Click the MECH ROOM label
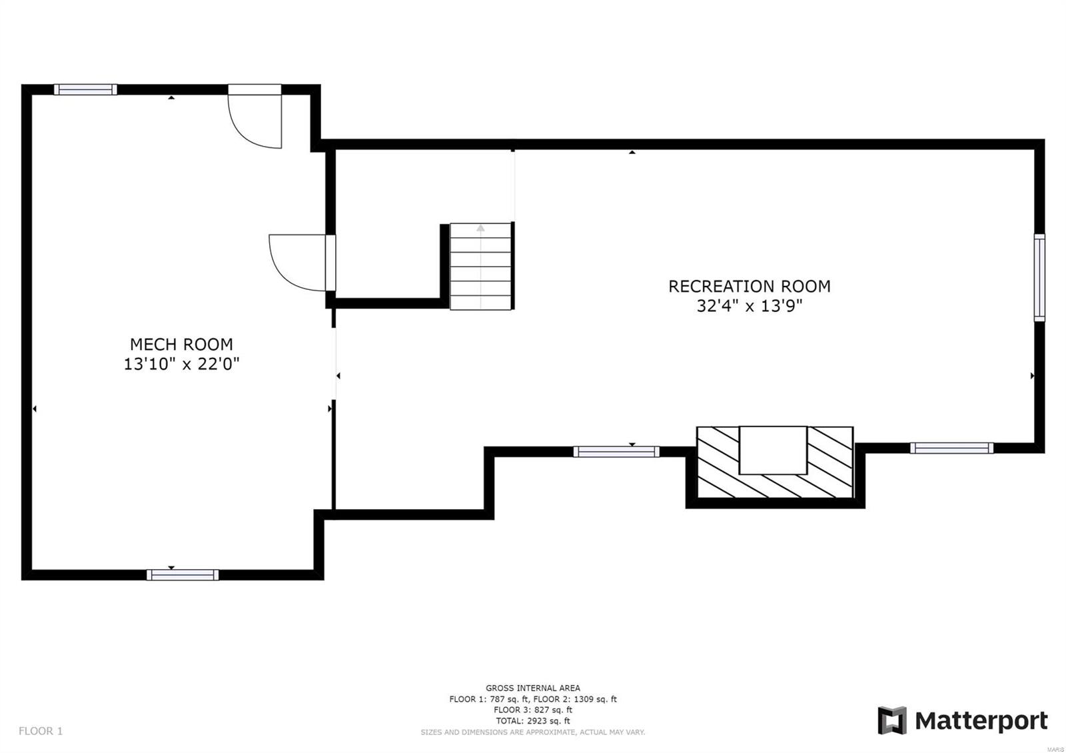(x=181, y=345)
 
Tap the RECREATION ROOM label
(x=749, y=287)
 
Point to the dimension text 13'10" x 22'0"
(x=181, y=365)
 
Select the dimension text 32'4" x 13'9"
(x=749, y=307)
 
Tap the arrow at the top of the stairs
(x=480, y=229)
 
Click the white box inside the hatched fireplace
(x=773, y=450)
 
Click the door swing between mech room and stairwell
(x=296, y=263)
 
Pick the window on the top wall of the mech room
(x=85, y=89)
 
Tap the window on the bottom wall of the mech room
(x=183, y=574)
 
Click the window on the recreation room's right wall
(x=1039, y=277)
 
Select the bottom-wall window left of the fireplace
(x=616, y=452)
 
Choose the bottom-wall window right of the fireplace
(x=951, y=448)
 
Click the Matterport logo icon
(x=892, y=720)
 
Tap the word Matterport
(x=981, y=721)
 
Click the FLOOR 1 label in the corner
(x=41, y=731)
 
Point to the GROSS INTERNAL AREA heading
(x=532, y=688)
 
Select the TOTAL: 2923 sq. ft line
(x=532, y=721)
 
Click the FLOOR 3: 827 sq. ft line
(x=532, y=710)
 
